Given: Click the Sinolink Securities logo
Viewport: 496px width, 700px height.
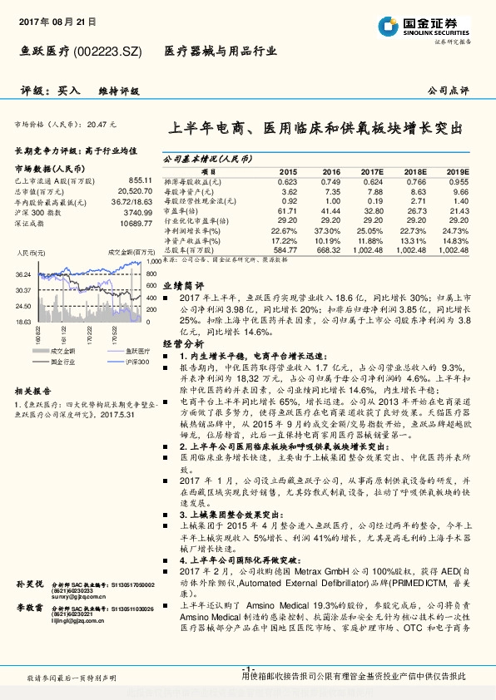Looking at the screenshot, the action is [x=424, y=24].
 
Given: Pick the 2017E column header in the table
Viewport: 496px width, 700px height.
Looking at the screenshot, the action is [x=370, y=170].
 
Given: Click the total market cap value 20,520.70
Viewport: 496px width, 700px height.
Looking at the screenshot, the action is [x=136, y=190].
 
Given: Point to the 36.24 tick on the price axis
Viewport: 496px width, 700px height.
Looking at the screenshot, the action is [x=22, y=274].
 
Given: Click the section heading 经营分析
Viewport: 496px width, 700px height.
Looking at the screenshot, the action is [x=182, y=343].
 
